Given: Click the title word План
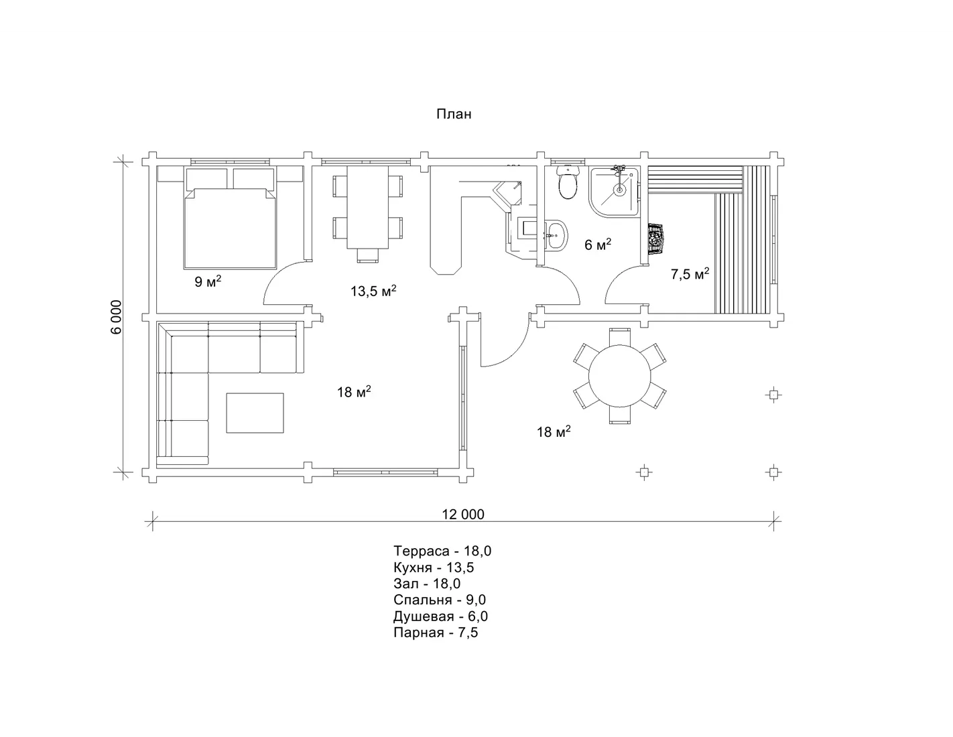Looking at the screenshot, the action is [454, 114].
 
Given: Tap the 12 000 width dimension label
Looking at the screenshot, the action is [462, 514].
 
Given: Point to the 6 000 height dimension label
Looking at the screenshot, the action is [116, 317].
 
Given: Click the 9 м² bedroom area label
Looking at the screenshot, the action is [208, 281].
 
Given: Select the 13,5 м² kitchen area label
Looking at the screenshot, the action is [373, 290].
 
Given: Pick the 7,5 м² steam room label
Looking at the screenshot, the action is [690, 273].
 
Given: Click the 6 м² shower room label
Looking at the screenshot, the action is [598, 244].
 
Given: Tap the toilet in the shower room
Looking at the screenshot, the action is [568, 182].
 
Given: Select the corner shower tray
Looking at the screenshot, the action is [615, 191].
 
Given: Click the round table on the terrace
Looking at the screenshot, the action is [619, 376].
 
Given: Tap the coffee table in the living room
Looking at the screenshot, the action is [255, 413].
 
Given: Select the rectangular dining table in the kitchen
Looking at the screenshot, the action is [367, 207].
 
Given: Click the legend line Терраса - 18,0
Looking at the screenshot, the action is [442, 551].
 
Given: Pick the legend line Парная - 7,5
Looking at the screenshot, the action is [436, 632].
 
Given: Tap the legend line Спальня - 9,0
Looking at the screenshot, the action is [440, 600].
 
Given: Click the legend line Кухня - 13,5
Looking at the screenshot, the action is [434, 567].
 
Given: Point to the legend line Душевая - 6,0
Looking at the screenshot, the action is [440, 616].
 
